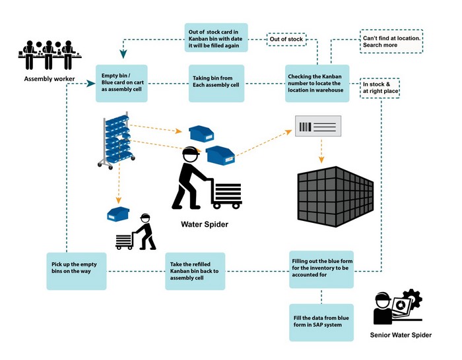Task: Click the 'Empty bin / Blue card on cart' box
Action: pyautogui.click(x=121, y=83)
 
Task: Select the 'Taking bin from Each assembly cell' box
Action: pyautogui.click(x=216, y=83)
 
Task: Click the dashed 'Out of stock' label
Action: pyautogui.click(x=286, y=40)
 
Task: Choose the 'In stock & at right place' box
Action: pyautogui.click(x=381, y=88)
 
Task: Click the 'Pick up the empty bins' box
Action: pyautogui.click(x=76, y=271)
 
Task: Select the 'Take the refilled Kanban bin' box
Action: pyautogui.click(x=195, y=271)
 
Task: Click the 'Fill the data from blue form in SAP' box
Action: pyautogui.click(x=321, y=322)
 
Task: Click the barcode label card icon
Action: pyautogui.click(x=317, y=127)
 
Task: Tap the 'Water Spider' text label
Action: pyautogui.click(x=205, y=225)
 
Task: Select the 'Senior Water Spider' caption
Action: pyautogui.click(x=401, y=335)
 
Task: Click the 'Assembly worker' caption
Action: pyautogui.click(x=49, y=80)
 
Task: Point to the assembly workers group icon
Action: pyautogui.click(x=49, y=55)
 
